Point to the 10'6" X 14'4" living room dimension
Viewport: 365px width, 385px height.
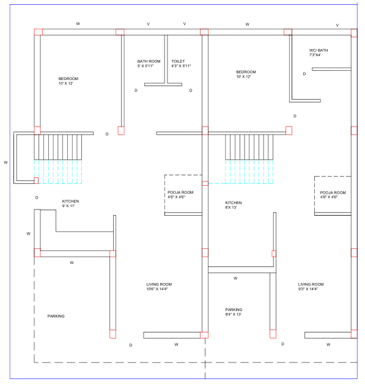pos(157,289)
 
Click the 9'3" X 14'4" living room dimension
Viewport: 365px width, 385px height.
pos(308,289)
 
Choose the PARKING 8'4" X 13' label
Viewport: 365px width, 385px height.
pos(234,312)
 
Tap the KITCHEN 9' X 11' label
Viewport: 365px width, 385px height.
pos(70,204)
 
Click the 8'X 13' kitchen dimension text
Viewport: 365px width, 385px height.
pos(231,208)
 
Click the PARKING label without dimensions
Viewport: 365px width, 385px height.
pos(56,316)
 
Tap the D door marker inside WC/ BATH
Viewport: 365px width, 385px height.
pos(304,74)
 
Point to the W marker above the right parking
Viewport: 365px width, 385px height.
pos(235,278)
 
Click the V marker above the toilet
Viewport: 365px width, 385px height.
pos(185,24)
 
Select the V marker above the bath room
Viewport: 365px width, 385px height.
pos(149,24)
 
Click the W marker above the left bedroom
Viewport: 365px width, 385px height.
pos(78,24)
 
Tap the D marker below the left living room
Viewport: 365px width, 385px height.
pos(131,345)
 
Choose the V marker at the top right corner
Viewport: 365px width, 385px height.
pos(337,25)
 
